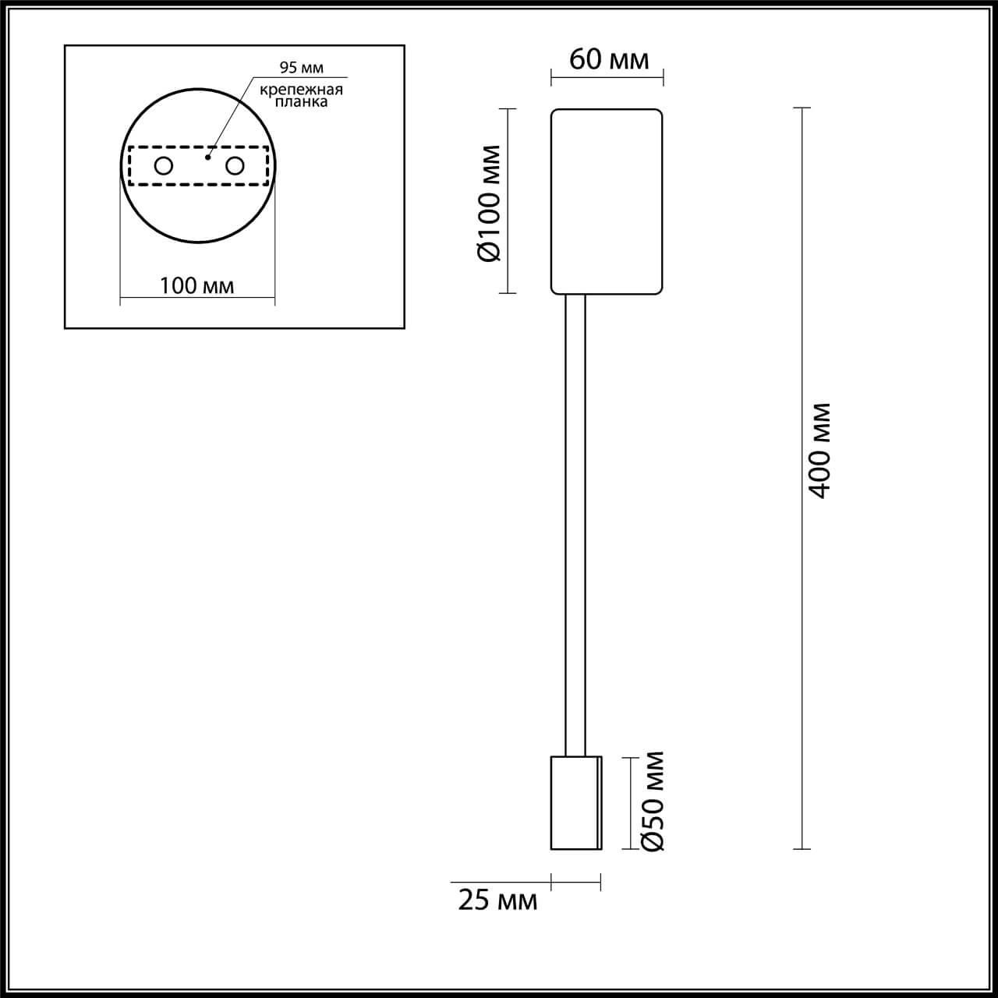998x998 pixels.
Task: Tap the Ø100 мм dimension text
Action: [492, 203]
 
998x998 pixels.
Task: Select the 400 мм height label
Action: [820, 451]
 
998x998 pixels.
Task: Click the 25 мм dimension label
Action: [497, 901]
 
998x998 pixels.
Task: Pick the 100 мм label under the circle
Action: [196, 285]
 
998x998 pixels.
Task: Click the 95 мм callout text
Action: [301, 69]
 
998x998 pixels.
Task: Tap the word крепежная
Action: [301, 90]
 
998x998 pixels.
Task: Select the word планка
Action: [301, 102]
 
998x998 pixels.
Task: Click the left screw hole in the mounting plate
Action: [164, 165]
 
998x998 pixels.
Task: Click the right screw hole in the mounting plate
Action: [235, 165]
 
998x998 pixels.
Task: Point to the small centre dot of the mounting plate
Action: [207, 157]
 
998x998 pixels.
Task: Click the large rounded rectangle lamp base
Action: [607, 201]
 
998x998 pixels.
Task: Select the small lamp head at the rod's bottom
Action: [576, 802]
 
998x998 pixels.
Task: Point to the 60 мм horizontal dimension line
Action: [607, 76]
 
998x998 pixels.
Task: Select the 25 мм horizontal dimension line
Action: [576, 883]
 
